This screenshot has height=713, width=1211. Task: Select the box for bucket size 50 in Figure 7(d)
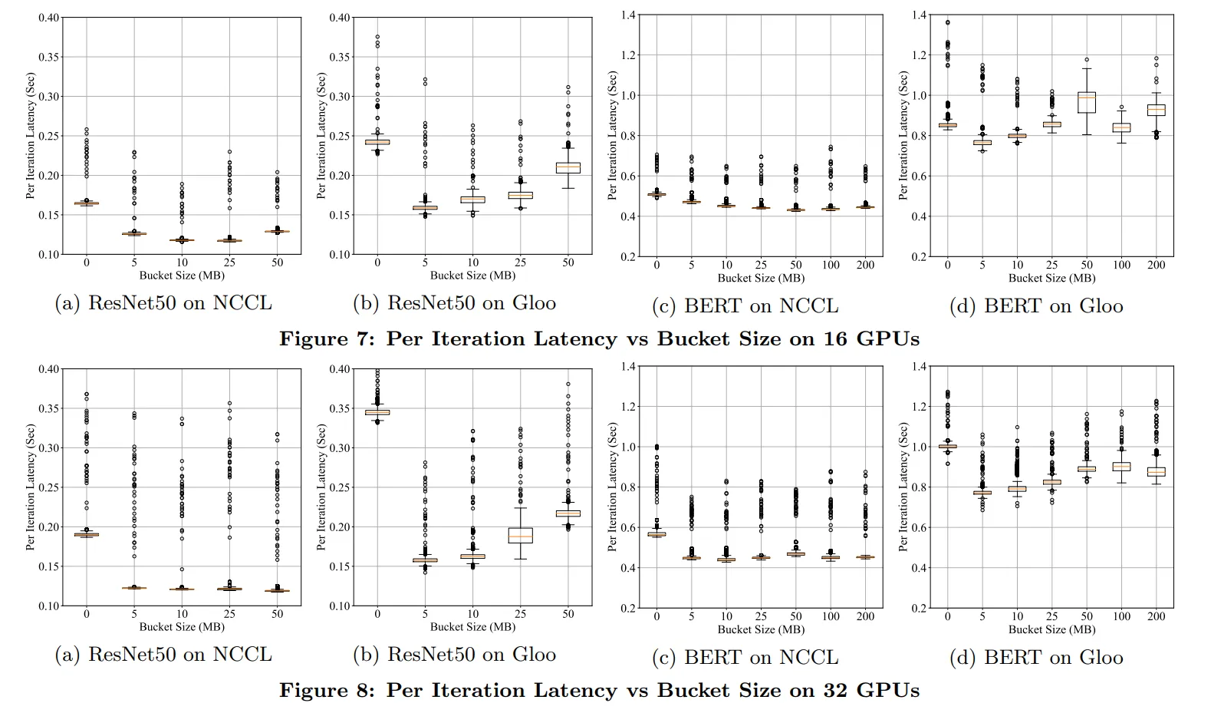1087,102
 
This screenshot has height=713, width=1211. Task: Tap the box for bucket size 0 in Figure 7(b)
377,141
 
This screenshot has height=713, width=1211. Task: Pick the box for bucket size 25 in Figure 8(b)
520,535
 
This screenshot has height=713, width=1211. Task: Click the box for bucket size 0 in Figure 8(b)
377,412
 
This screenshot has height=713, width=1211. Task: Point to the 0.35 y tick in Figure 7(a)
49,57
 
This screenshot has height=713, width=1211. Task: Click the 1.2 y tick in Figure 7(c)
629,55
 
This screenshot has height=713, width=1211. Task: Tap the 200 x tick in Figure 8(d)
1156,616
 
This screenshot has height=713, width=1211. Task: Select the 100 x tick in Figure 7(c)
831,265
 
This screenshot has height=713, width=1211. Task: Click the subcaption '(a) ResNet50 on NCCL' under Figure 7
163,303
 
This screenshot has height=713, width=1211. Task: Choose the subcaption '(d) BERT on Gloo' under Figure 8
1036,658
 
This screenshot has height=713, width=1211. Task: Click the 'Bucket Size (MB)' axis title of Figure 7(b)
472,276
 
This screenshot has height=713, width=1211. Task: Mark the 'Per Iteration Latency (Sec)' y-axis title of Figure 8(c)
612,487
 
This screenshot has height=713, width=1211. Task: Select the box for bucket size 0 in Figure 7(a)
87,203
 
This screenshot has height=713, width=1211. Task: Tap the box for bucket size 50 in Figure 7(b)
568,167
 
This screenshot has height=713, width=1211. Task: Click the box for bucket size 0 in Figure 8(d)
948,446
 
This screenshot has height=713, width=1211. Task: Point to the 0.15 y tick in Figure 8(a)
49,566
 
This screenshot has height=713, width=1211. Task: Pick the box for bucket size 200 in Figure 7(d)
1156,110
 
